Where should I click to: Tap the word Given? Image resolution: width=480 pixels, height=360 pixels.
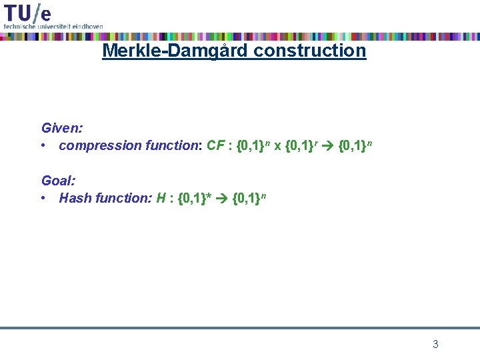pyautogui.click(x=62, y=127)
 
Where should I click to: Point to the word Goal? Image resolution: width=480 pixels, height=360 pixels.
pyautogui.click(x=58, y=180)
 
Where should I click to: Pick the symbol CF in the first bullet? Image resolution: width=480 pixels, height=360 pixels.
pyautogui.click(x=215, y=145)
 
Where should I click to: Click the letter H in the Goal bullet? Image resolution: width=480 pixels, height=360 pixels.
pyautogui.click(x=161, y=198)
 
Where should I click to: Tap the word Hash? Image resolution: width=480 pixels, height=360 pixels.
pyautogui.click(x=74, y=198)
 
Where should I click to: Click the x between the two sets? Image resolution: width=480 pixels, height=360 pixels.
pyautogui.click(x=277, y=146)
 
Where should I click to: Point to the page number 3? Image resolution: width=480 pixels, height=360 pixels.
pyautogui.click(x=435, y=345)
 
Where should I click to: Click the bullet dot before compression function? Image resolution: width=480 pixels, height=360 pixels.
pyautogui.click(x=43, y=145)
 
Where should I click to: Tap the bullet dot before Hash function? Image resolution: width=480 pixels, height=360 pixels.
pyautogui.click(x=43, y=198)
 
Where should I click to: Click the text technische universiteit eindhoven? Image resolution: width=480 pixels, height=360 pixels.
pyautogui.click(x=53, y=26)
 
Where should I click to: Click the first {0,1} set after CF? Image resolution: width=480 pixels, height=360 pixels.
pyautogui.click(x=251, y=145)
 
